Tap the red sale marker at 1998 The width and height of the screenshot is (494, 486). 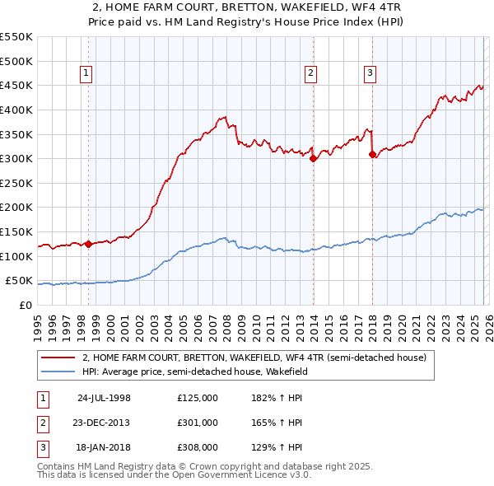(88, 244)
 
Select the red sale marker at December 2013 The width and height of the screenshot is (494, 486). (312, 159)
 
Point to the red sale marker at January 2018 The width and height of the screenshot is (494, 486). (372, 154)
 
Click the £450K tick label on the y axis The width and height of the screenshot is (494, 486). (16, 85)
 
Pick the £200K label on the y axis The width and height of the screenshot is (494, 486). (16, 208)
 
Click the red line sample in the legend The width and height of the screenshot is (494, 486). (58, 358)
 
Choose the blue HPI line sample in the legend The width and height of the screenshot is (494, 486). (58, 372)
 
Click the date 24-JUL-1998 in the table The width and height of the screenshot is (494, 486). (104, 397)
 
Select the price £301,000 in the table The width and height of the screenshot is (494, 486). (198, 423)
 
